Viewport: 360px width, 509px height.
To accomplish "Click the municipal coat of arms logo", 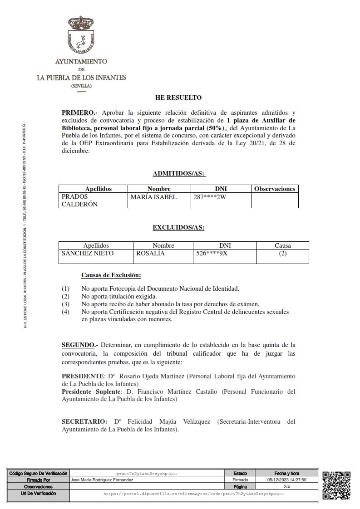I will point(81,36).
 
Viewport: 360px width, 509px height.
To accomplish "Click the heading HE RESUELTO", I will point(178,98).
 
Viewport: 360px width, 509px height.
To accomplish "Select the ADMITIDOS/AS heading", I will point(179,173).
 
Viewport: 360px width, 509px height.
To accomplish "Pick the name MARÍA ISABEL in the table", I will point(153,197).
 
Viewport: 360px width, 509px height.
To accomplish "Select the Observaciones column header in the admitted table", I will point(275,189).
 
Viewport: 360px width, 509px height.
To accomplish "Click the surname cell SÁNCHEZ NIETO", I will point(88,254).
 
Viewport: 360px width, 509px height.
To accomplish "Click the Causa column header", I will point(282,245).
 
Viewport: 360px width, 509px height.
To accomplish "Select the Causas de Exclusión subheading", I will point(111,275).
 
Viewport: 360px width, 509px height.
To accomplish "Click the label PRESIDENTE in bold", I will point(83,376).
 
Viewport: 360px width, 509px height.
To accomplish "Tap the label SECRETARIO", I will point(84,421).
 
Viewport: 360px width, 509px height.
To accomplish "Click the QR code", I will point(336,485).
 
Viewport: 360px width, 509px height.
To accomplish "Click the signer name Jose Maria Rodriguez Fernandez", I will point(102,479).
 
